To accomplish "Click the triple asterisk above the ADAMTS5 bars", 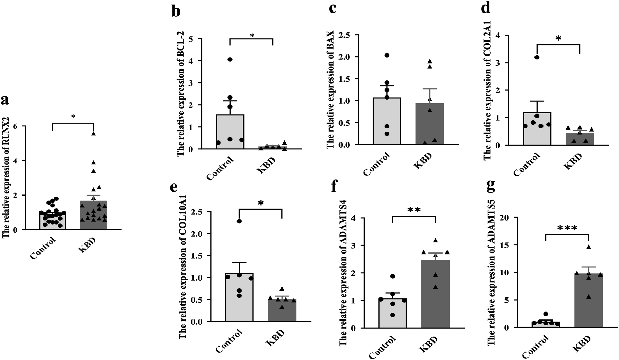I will tap(567, 229).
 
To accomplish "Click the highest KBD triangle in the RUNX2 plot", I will tap(93, 134).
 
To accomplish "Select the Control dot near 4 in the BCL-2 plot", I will tap(230, 59).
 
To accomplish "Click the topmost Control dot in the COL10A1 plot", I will tap(239, 221).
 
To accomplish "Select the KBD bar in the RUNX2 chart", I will tap(93, 215).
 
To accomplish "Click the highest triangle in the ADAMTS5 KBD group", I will tap(589, 247).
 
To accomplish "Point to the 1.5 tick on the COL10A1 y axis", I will tap(197, 256).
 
